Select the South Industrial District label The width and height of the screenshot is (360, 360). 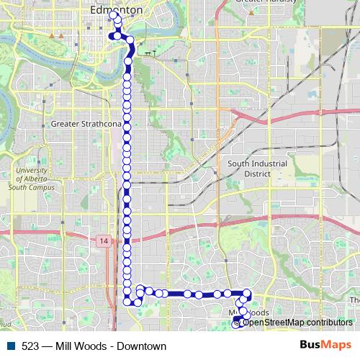pyautogui.click(x=257, y=168)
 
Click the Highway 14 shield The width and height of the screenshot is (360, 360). pyautogui.click(x=104, y=240)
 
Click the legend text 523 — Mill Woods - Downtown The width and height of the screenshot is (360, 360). pyautogui.click(x=94, y=346)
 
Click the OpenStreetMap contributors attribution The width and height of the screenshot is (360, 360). pyautogui.click(x=297, y=323)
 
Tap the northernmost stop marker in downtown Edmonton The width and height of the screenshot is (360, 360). pyautogui.click(x=114, y=14)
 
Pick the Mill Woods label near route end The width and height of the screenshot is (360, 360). pyautogui.click(x=250, y=313)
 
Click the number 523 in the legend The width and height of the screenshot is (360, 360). pyautogui.click(x=30, y=346)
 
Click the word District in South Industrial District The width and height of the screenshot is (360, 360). pyautogui.click(x=257, y=174)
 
